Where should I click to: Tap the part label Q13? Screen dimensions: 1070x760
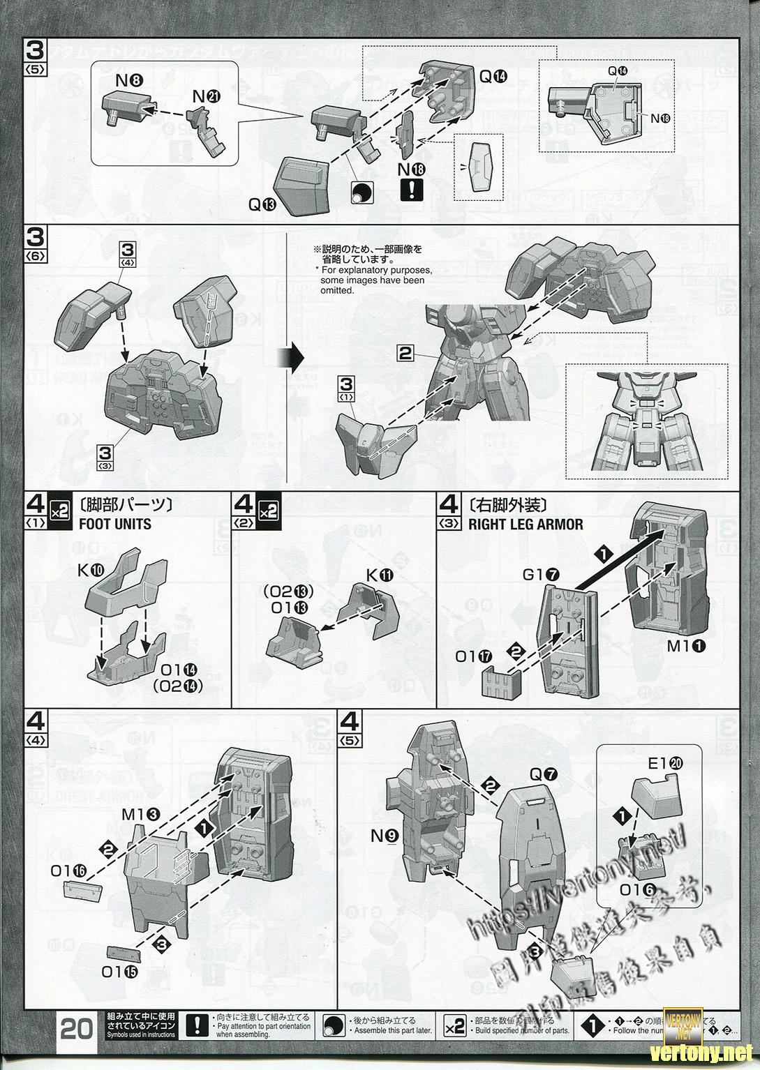263,204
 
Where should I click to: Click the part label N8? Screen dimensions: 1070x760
129,80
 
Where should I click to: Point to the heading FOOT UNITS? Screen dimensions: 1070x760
115,523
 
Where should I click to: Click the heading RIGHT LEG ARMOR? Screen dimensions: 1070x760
526,524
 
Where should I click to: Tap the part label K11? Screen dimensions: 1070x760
380,575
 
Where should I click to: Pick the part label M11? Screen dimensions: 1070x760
687,646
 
